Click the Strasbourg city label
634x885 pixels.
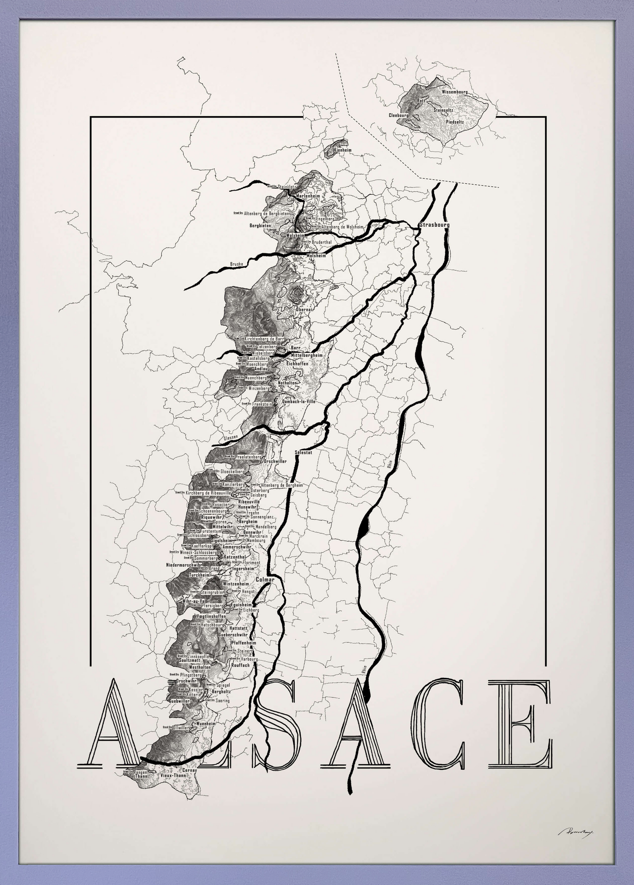click(x=434, y=225)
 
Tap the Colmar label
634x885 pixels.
click(x=265, y=579)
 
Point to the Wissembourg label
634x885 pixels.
click(x=454, y=91)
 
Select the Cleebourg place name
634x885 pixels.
click(x=399, y=115)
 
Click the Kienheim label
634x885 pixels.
click(x=342, y=150)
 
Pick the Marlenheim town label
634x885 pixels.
click(x=308, y=196)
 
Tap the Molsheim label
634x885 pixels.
click(x=316, y=255)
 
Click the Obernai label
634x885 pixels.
click(x=304, y=309)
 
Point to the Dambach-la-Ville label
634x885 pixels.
click(x=299, y=402)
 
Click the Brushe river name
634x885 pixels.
click(x=236, y=264)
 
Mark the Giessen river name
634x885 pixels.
click(x=232, y=437)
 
